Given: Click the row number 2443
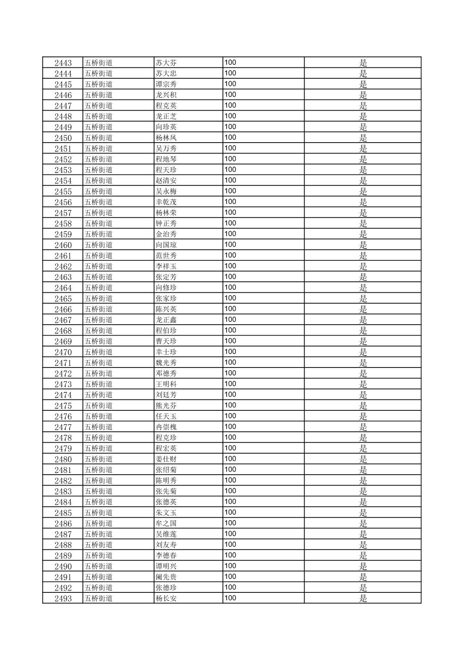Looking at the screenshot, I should pyautogui.click(x=63, y=63).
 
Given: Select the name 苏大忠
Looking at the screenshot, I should pyautogui.click(x=166, y=73).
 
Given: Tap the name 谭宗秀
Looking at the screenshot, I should pyautogui.click(x=166, y=84).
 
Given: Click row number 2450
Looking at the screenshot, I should pyautogui.click(x=63, y=138).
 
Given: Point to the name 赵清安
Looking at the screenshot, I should pyautogui.click(x=166, y=181).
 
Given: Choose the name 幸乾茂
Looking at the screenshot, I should pyautogui.click(x=166, y=202).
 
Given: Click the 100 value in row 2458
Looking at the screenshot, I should pyautogui.click(x=230, y=223).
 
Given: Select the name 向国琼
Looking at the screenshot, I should pyautogui.click(x=166, y=245).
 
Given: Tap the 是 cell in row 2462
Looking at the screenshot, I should pyautogui.click(x=363, y=266).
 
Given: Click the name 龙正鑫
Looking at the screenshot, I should pyautogui.click(x=166, y=320).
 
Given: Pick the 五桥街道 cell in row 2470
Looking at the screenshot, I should pyautogui.click(x=98, y=352).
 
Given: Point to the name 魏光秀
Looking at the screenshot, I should pyautogui.click(x=166, y=363).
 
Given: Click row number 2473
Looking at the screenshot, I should pyautogui.click(x=63, y=384).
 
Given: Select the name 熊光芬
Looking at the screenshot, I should pyautogui.click(x=166, y=406).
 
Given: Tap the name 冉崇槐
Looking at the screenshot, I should pyautogui.click(x=166, y=427).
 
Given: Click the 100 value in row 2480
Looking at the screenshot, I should pyautogui.click(x=230, y=459).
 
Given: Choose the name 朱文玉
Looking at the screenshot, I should pyautogui.click(x=166, y=513).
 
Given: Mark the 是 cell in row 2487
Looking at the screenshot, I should pyautogui.click(x=363, y=534).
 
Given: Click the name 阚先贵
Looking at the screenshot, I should pyautogui.click(x=166, y=577).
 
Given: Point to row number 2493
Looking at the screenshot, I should pyautogui.click(x=63, y=598).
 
